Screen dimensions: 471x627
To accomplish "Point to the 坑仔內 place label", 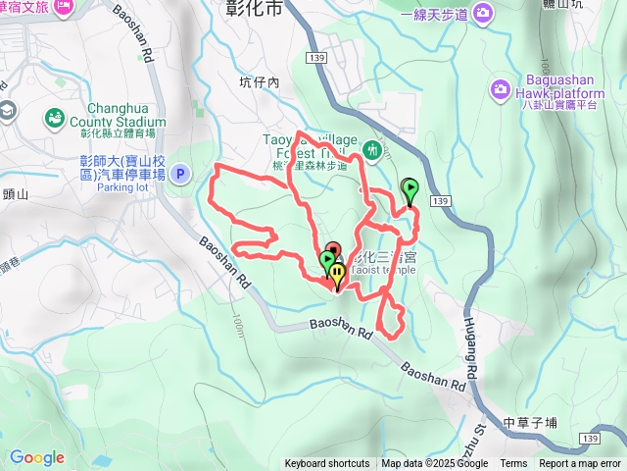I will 260,83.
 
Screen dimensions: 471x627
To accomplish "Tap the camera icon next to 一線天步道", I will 482,13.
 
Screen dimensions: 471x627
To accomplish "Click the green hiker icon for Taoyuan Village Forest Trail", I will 371,150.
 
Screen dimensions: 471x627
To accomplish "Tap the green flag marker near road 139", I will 410,189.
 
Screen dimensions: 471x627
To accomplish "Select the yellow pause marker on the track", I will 337,275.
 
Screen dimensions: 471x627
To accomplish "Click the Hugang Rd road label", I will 470,342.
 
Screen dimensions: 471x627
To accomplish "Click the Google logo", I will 37,457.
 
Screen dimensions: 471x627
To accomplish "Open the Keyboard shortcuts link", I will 327,463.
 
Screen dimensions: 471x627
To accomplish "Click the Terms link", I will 513,463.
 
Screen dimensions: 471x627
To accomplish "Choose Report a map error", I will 579,463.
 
